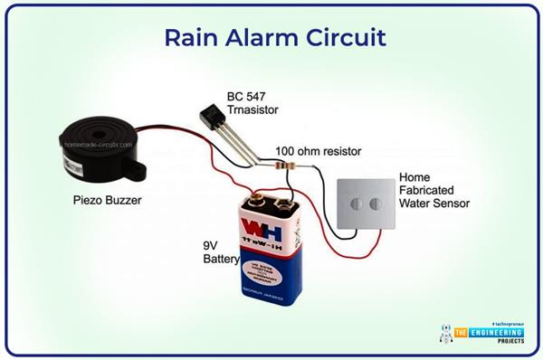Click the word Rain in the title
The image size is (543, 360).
click(x=194, y=39)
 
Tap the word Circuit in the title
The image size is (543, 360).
click(x=348, y=39)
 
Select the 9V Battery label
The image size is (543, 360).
click(x=220, y=251)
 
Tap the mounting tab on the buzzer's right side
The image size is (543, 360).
click(x=138, y=166)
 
